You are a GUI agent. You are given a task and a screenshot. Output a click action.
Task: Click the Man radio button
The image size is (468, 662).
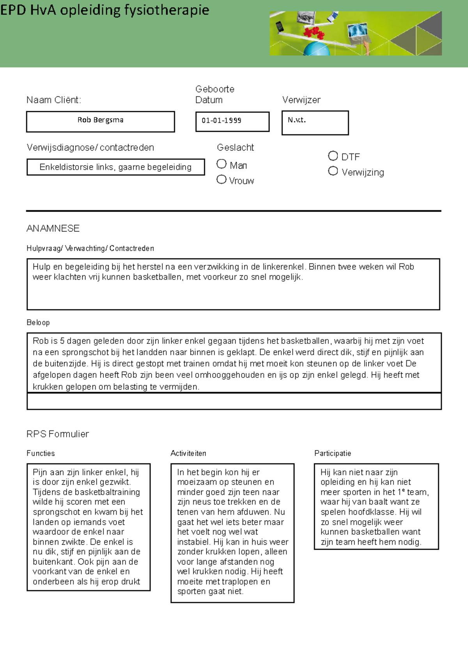222,164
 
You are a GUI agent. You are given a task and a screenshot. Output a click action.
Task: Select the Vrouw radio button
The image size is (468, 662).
222,179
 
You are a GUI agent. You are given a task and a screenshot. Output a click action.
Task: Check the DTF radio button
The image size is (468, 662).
333,156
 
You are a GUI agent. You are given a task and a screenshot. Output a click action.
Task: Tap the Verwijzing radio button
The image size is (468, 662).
333,171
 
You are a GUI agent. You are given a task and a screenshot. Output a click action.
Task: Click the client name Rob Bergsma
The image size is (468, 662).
100,120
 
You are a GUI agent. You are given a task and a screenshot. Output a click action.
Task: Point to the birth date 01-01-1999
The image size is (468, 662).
221,120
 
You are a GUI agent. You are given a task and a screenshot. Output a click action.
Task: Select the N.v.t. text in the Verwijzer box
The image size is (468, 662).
296,120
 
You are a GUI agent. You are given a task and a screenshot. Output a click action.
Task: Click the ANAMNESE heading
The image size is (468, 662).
53,228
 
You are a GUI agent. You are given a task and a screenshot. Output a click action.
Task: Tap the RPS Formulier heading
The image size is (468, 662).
58,434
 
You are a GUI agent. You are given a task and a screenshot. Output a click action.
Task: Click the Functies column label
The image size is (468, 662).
41,453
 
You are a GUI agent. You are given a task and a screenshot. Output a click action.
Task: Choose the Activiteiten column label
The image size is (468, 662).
188,453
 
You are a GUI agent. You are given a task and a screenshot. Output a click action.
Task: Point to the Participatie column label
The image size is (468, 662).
333,453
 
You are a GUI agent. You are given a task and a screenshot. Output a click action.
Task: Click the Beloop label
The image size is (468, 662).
38,322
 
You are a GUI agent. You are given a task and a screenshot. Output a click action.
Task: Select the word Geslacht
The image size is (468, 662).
235,147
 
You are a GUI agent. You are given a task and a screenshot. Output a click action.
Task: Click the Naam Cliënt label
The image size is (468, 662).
54,100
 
